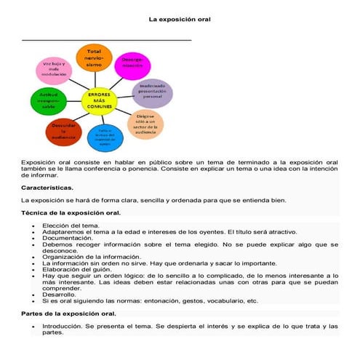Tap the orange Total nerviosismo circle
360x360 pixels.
click(x=94, y=59)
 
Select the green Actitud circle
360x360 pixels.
click(x=49, y=99)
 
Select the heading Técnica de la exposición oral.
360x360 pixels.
click(x=71, y=213)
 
